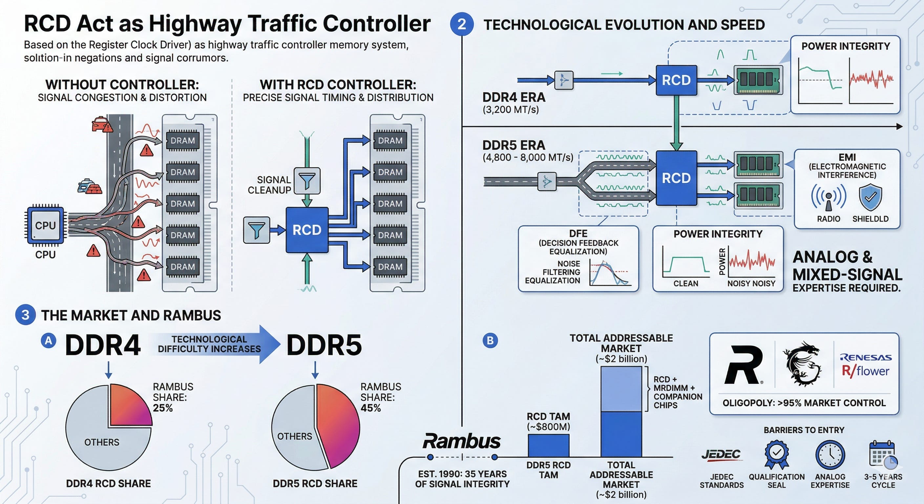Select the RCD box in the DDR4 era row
point(676,80)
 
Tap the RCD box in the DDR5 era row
point(676,178)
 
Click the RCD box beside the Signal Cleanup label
point(307,230)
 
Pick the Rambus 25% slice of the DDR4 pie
point(129,405)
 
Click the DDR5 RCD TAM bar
point(548,446)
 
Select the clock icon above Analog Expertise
point(830,455)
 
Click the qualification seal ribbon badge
point(777,455)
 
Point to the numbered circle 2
point(462,24)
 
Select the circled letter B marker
point(490,340)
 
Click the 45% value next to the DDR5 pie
point(370,408)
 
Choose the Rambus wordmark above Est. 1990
point(462,442)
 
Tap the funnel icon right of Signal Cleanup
point(307,181)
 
